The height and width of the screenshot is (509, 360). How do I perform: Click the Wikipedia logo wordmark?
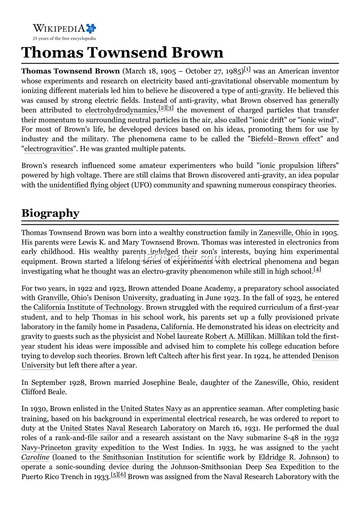[58, 28]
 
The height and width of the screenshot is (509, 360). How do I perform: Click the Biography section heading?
[50, 213]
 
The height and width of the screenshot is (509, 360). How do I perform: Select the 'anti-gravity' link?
[264, 90]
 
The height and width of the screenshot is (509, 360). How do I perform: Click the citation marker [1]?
[247, 70]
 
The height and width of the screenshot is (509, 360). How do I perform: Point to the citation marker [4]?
[305, 269]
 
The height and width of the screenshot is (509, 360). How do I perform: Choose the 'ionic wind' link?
[318, 120]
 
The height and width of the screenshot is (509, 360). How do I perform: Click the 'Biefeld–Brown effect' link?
[285, 139]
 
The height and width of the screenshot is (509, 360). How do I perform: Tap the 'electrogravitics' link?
[48, 149]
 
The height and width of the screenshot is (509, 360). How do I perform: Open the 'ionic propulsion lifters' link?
[298, 165]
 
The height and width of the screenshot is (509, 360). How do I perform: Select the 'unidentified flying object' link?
[89, 185]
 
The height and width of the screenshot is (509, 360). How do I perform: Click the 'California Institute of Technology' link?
[88, 308]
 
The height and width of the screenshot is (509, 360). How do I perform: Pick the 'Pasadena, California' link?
[159, 327]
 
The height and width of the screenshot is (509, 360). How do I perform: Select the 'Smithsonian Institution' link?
[141, 458]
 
